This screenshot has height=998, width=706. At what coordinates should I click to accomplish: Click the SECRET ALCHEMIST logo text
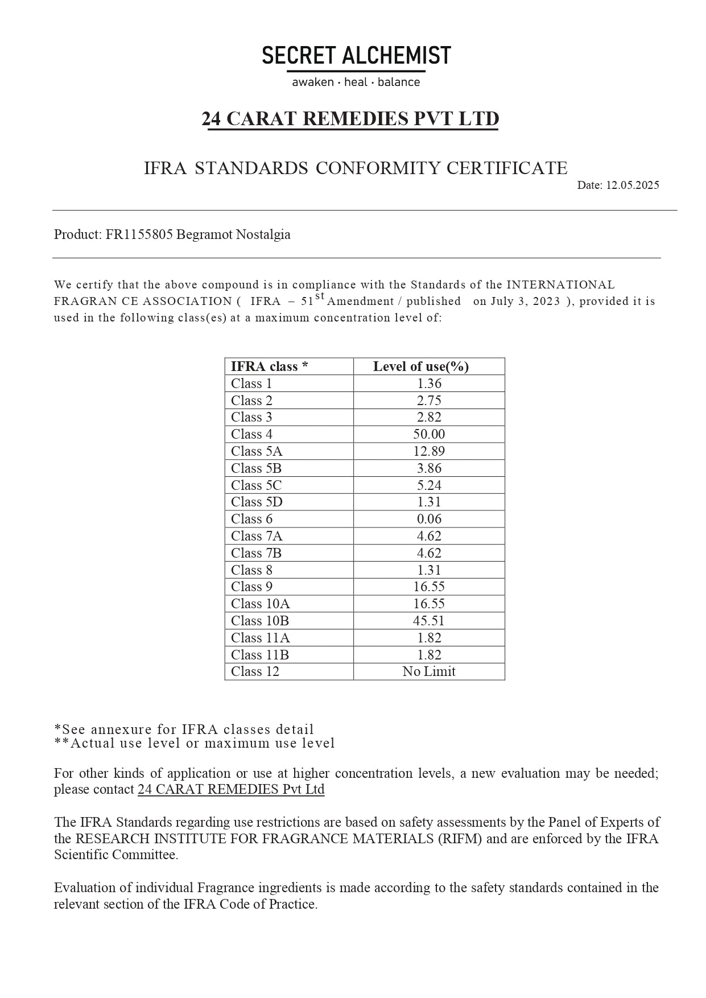(x=356, y=56)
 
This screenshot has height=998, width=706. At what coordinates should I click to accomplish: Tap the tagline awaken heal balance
(x=356, y=83)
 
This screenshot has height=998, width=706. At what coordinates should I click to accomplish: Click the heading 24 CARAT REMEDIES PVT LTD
(x=350, y=118)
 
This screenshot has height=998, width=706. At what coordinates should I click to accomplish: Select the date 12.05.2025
(x=632, y=185)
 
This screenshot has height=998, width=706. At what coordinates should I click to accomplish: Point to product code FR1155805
(x=139, y=234)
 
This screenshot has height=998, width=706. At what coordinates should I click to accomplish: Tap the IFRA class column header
(x=269, y=366)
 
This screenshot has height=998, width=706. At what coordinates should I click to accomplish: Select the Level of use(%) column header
(x=421, y=366)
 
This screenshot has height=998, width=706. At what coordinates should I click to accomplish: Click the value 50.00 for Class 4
(x=429, y=434)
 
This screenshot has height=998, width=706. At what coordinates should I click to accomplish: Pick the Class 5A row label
(x=257, y=451)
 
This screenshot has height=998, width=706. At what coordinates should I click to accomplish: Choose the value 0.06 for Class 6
(x=429, y=519)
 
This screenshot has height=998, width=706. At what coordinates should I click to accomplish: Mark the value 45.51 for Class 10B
(x=429, y=621)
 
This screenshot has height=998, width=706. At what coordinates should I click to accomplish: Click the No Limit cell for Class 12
(x=429, y=671)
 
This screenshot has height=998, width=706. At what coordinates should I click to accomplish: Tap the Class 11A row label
(x=260, y=638)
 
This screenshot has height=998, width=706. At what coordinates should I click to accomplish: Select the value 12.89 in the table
(x=429, y=451)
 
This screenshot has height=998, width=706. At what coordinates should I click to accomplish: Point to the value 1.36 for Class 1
(x=429, y=383)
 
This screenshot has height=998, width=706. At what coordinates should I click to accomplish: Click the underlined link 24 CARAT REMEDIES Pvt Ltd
(x=231, y=790)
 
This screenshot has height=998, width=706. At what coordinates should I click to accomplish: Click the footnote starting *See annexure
(x=184, y=729)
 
